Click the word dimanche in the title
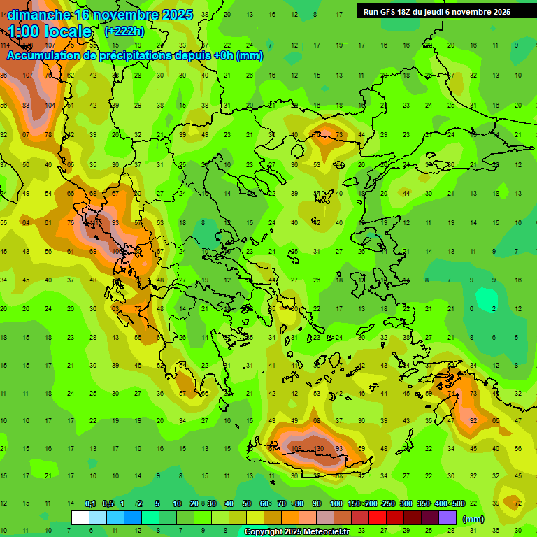pyautogui.click(x=38, y=15)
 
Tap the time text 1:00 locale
pyautogui.click(x=50, y=31)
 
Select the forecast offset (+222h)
pyautogui.click(x=124, y=31)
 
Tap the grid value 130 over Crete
pyautogui.click(x=318, y=448)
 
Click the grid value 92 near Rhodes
pyautogui.click(x=473, y=420)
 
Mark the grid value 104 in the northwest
pyautogui.click(x=50, y=105)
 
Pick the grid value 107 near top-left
pyautogui.click(x=27, y=76)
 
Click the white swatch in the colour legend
pyautogui.click(x=80, y=518)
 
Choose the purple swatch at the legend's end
pyautogui.click(x=447, y=518)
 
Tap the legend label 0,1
pyautogui.click(x=90, y=503)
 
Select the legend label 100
pyautogui.click(x=336, y=503)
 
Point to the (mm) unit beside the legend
pyautogui.click(x=473, y=519)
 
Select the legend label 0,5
pyautogui.click(x=108, y=503)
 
